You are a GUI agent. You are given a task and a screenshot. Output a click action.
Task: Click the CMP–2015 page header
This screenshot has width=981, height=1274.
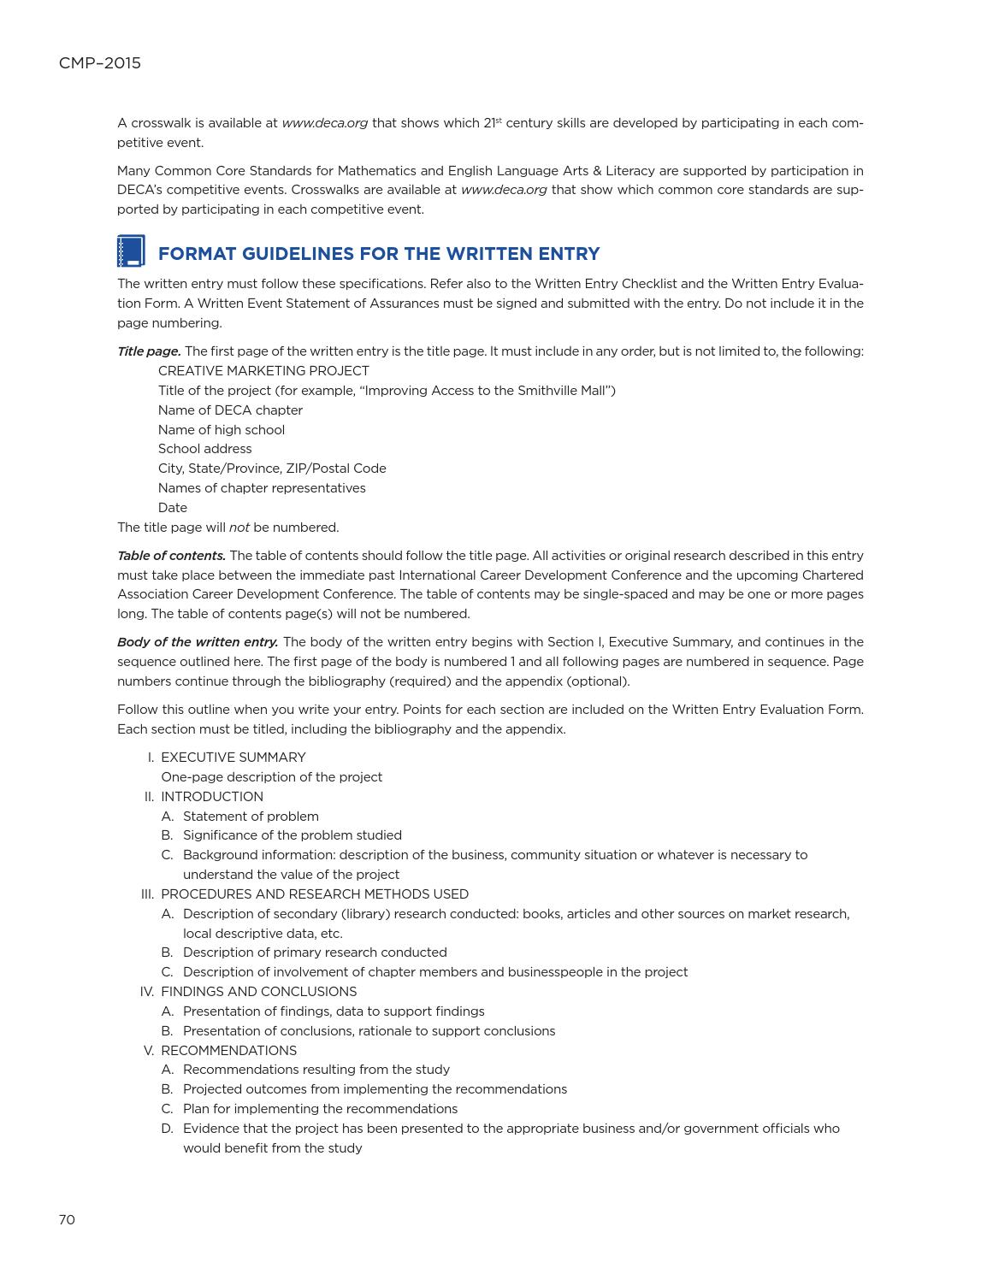click(x=99, y=63)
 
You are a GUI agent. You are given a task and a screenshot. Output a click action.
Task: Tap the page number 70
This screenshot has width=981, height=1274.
click(x=67, y=1219)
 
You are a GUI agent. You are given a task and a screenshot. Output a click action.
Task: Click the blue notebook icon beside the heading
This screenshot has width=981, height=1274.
click(x=131, y=251)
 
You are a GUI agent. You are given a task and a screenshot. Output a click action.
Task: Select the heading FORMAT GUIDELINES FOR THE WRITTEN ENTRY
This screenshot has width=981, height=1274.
click(x=379, y=254)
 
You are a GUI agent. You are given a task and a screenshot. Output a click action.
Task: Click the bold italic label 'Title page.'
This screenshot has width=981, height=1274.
click(x=149, y=351)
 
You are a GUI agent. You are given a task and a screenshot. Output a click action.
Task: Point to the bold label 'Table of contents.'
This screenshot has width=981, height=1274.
click(x=171, y=556)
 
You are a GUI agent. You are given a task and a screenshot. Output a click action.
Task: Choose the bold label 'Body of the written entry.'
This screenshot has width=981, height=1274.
click(x=198, y=642)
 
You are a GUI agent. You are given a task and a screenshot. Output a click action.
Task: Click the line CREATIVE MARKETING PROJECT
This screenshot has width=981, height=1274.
click(x=263, y=371)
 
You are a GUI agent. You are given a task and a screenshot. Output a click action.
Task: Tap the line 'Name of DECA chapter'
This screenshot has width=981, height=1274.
click(x=230, y=410)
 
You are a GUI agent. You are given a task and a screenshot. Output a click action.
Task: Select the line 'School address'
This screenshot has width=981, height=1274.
click(x=204, y=449)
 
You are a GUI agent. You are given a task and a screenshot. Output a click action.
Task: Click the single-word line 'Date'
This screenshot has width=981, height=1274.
click(x=172, y=508)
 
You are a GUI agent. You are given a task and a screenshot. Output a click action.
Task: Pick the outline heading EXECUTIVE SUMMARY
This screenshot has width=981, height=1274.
click(x=233, y=758)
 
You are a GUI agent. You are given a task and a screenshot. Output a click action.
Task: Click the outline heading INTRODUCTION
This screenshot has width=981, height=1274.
click(x=211, y=797)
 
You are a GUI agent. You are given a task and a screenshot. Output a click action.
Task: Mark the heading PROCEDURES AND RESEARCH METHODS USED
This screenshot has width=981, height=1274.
click(x=314, y=894)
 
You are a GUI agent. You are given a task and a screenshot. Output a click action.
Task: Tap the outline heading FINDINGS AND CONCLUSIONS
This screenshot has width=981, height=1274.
click(x=258, y=992)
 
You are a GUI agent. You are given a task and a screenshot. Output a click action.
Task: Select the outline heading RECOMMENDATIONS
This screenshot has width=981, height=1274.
click(x=228, y=1051)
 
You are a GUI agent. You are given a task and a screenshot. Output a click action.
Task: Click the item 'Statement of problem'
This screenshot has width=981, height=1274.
click(x=251, y=817)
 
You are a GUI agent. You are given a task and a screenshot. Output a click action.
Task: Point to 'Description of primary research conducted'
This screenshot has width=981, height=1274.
click(x=315, y=953)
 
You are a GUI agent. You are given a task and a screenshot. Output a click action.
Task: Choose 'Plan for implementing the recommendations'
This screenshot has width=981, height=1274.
click(x=320, y=1109)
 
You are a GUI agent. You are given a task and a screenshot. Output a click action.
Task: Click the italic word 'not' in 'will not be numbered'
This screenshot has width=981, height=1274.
click(x=239, y=528)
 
